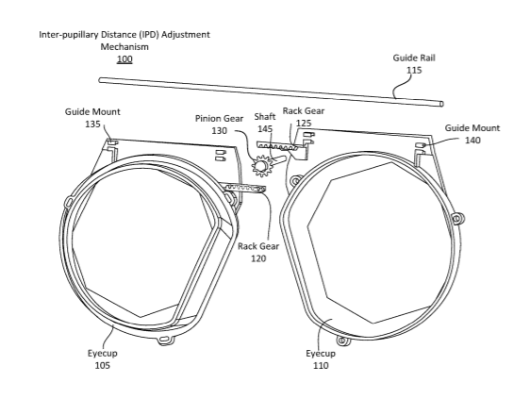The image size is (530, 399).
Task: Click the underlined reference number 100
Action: (124, 59)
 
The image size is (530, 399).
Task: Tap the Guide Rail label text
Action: (414, 58)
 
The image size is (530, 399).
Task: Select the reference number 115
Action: (414, 70)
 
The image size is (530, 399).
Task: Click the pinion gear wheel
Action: (261, 165)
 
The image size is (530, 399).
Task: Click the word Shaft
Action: (265, 117)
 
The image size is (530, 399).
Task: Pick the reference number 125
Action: (304, 123)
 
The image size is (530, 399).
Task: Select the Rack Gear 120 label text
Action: (258, 252)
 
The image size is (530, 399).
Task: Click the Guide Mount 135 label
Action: (92, 118)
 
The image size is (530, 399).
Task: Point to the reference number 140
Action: (472, 140)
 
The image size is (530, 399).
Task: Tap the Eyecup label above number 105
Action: (103, 353)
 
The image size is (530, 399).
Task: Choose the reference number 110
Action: (321, 365)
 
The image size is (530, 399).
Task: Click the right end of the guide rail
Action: (441, 104)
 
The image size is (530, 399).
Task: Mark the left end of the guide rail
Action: (100, 80)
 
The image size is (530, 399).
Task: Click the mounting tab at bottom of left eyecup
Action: (166, 339)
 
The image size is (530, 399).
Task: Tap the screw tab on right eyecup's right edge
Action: (457, 218)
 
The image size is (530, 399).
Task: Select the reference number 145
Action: (265, 129)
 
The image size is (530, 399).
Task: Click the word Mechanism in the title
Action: (124, 46)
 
